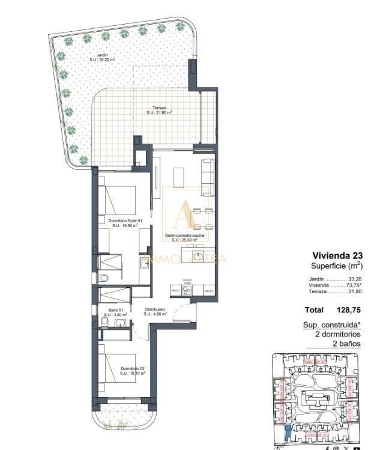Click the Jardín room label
point(102,57)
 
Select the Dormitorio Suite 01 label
point(124,223)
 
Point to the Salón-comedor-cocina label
point(185,237)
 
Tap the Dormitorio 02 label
point(133,369)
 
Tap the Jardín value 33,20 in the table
point(355,279)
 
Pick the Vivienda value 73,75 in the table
point(354,285)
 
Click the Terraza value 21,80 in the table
point(355,291)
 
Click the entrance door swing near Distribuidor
point(190,312)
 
